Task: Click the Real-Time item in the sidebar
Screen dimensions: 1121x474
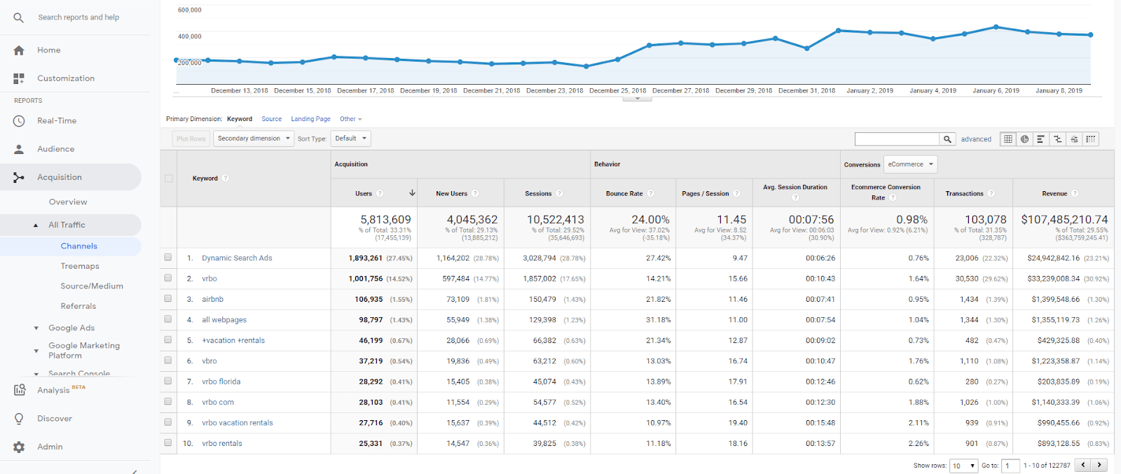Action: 56,120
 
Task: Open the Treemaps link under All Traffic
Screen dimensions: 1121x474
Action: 80,266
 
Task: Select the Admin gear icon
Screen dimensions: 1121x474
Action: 19,447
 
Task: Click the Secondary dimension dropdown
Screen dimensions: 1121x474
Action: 253,139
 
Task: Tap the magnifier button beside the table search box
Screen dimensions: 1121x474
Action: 947,139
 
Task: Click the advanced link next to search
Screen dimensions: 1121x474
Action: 976,139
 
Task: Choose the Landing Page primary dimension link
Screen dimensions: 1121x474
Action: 310,119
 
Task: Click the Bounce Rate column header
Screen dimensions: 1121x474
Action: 624,193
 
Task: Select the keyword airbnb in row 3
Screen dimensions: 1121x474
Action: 212,299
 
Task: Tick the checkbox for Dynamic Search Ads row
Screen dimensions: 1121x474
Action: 168,258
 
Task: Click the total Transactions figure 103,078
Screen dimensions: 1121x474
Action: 986,220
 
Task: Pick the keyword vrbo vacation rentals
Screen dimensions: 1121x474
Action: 238,423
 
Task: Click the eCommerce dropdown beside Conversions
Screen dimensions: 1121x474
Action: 910,165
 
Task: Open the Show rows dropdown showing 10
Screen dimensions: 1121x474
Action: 963,466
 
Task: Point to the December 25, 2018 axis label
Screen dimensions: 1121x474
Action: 617,90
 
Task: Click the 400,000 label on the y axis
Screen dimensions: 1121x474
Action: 189,36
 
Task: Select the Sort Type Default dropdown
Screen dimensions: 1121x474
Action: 350,139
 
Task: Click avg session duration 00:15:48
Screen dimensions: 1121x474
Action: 820,423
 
